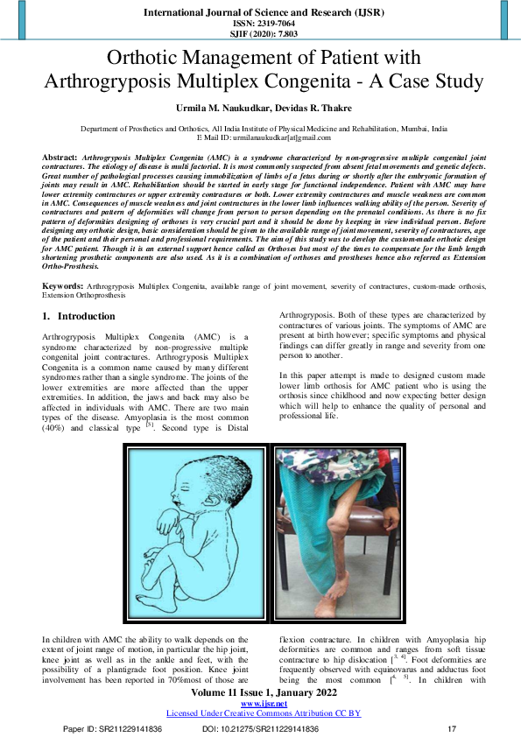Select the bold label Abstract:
60,155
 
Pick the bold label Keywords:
64,263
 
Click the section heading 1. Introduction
79,291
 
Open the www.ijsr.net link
260,704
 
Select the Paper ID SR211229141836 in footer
112,729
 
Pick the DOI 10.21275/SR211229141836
260,729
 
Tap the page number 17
452,729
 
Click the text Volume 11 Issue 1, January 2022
260,693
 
